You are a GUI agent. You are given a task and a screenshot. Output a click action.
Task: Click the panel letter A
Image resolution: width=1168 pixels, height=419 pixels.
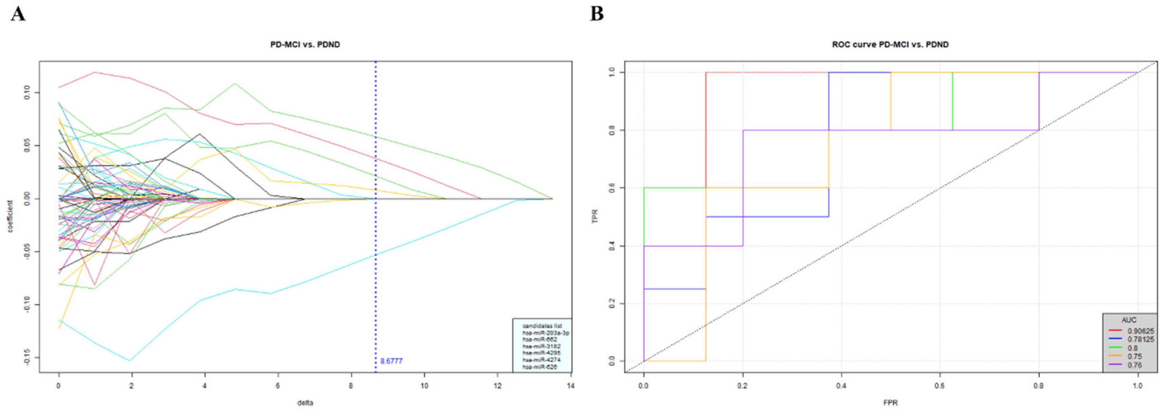[x=18, y=14]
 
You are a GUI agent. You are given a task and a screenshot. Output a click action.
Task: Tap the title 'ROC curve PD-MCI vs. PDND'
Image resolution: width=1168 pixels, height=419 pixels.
[x=890, y=45]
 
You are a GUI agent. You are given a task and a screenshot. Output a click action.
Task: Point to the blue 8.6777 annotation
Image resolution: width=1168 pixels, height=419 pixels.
[x=391, y=361]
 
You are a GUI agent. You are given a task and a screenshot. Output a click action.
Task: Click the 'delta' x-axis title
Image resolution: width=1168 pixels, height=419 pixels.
[x=305, y=403]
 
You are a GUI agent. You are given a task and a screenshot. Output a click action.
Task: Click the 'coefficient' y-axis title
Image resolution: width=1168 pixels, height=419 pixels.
[x=10, y=216]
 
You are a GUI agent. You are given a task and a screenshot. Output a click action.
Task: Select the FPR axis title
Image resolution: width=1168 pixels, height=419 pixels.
[x=890, y=403]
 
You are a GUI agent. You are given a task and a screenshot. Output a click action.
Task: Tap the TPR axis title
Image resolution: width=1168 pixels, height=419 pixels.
[x=595, y=216]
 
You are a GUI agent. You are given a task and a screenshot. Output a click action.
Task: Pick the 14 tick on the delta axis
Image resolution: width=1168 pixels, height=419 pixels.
[x=570, y=386]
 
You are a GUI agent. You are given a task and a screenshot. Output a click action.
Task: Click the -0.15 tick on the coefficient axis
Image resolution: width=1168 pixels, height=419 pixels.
[x=27, y=357]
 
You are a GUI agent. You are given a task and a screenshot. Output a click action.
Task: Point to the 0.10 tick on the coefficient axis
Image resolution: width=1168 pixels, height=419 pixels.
[x=27, y=93]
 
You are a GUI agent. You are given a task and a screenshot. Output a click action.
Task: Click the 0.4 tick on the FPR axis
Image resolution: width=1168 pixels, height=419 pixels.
[x=841, y=386]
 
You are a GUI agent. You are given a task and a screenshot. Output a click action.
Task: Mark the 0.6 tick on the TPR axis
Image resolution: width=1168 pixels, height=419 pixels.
[x=612, y=188]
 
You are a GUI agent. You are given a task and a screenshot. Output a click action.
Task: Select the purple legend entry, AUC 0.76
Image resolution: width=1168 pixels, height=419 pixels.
[x=1135, y=365]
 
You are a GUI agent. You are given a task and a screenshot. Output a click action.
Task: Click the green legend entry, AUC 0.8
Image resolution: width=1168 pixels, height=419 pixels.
[x=1132, y=348]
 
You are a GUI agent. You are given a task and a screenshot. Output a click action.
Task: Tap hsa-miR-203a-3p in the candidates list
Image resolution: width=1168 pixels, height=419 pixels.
[x=546, y=333]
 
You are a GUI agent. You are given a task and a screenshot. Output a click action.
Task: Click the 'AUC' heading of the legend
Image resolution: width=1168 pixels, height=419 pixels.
[x=1129, y=320]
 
